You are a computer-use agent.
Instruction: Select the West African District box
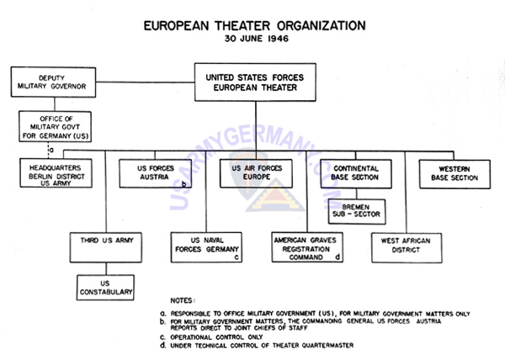tap(404, 246)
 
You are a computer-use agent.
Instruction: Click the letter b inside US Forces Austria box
tap(183, 181)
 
